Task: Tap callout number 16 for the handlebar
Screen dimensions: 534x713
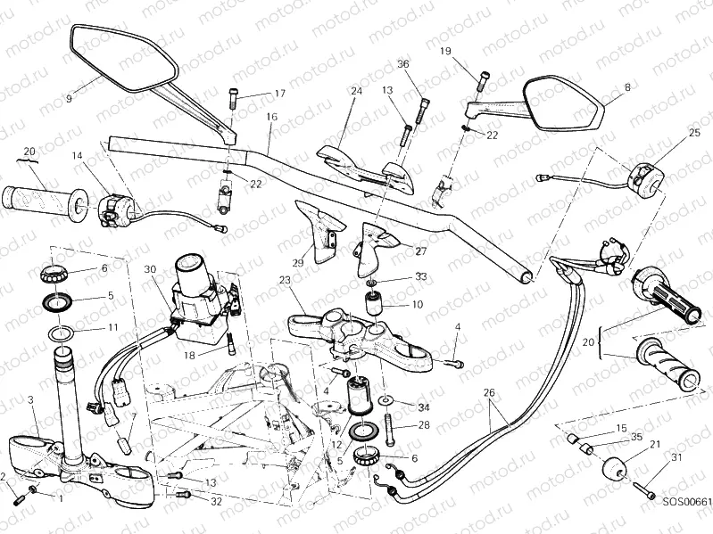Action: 271,117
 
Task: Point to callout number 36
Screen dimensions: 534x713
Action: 402,64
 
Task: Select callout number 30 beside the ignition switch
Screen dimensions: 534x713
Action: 149,269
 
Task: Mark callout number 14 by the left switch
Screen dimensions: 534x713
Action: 78,156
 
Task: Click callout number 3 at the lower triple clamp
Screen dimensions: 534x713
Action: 31,399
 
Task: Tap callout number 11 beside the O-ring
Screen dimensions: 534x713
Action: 112,327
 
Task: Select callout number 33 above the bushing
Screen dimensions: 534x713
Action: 421,276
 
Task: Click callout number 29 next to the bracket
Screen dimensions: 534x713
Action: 299,262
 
